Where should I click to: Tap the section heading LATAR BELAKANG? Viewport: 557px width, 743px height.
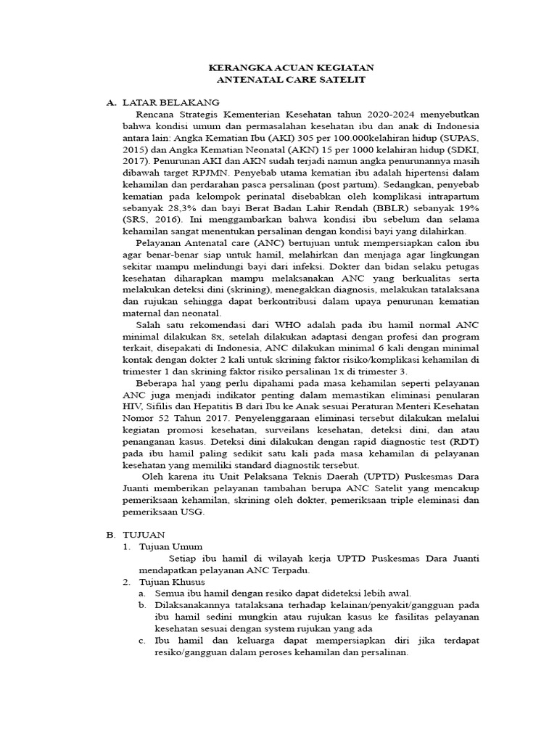pos(171,102)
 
